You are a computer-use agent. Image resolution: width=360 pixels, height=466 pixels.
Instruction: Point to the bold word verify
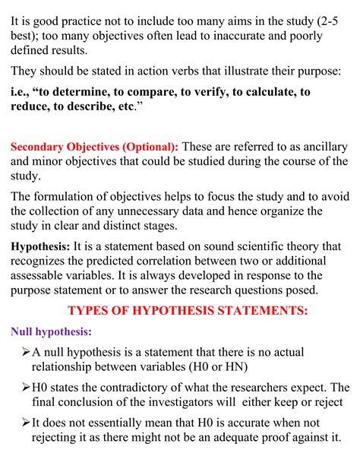[229, 92]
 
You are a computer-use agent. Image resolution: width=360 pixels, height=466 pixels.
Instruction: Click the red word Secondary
[39, 145]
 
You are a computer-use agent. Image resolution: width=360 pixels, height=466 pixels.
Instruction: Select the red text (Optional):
[141, 145]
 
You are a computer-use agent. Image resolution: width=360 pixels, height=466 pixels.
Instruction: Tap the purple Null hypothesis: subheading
[51, 331]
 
